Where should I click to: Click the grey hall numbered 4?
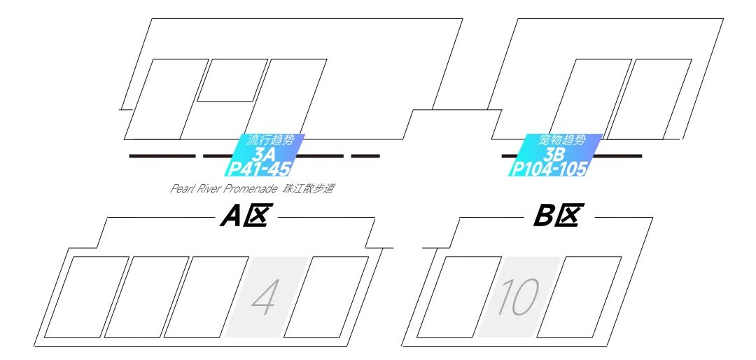pyautogui.click(x=266, y=298)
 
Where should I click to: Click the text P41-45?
pyautogui.click(x=259, y=169)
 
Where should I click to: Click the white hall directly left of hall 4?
pyautogui.click(x=207, y=298)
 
